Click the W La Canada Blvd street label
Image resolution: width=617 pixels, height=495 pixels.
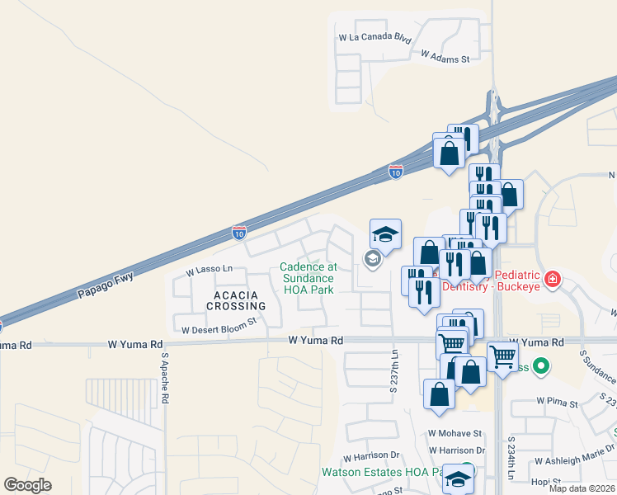[x=374, y=38]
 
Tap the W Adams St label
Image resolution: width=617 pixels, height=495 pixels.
[x=445, y=57]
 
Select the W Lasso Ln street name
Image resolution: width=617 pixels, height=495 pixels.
[x=210, y=270]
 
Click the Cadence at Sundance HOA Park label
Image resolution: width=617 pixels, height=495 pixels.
[x=308, y=278]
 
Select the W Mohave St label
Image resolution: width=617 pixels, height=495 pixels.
[x=455, y=433]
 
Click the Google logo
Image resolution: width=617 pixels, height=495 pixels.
[x=27, y=485]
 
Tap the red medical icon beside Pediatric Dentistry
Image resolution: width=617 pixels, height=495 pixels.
[x=552, y=279]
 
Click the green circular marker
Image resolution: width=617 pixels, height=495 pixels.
[x=541, y=364]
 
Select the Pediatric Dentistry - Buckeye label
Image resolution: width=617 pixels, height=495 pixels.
[x=502, y=280]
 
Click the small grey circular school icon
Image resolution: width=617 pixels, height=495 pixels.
[x=371, y=260]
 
